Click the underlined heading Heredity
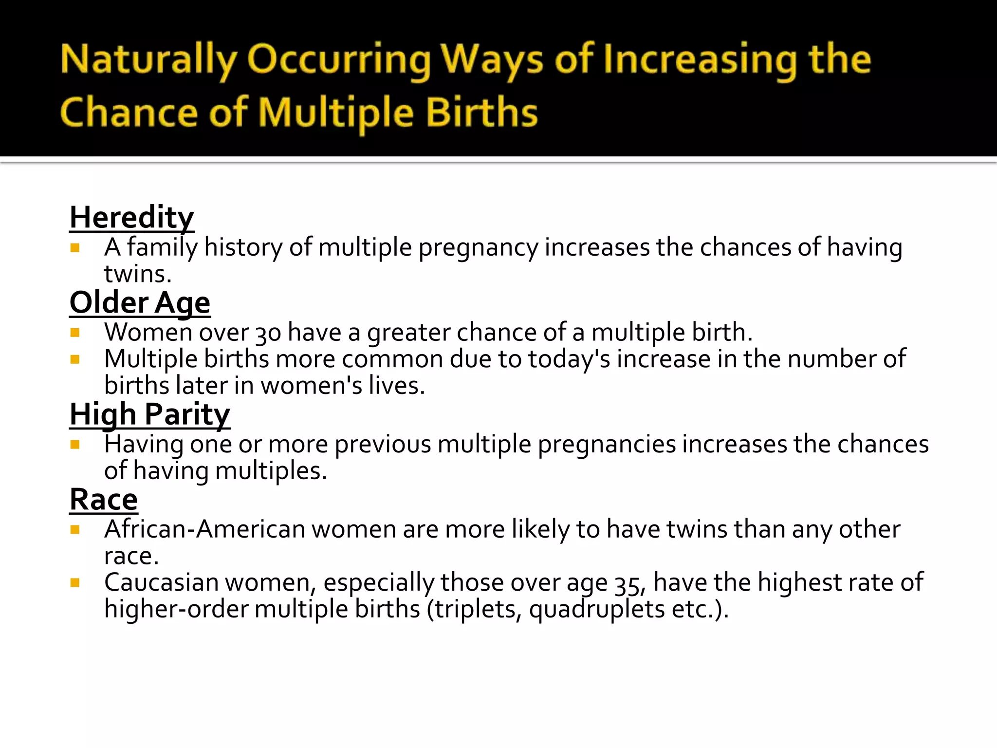pyautogui.click(x=131, y=217)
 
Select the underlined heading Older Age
pyautogui.click(x=140, y=302)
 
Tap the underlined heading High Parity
pyautogui.click(x=149, y=414)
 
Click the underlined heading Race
pyautogui.click(x=104, y=500)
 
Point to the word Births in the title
pyautogui.click(x=481, y=112)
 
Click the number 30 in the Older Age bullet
pyautogui.click(x=268, y=334)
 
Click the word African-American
pyautogui.click(x=204, y=529)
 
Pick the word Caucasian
pyautogui.click(x=161, y=583)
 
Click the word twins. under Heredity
pyautogui.click(x=138, y=274)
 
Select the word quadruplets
pyautogui.click(x=597, y=610)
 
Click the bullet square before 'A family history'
pyautogui.click(x=75, y=248)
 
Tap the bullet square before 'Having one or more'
pyautogui.click(x=75, y=445)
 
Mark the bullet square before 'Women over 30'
pyautogui.click(x=75, y=333)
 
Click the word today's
pyautogui.click(x=569, y=360)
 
